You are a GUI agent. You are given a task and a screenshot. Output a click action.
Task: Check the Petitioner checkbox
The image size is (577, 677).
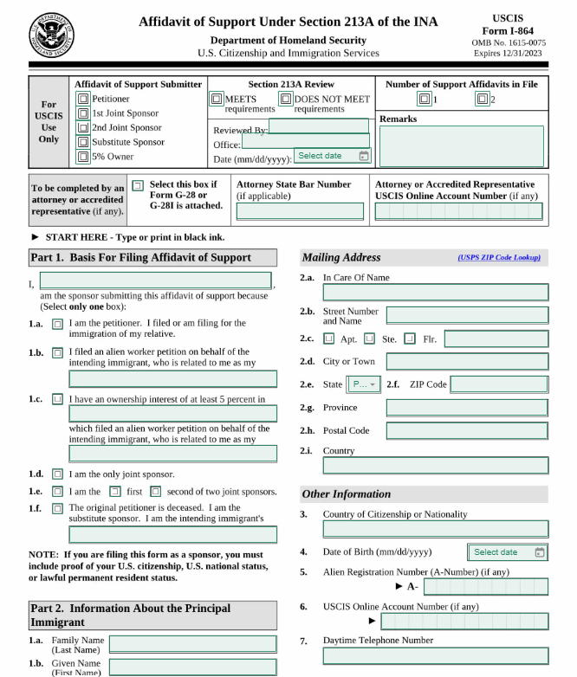[x=83, y=100]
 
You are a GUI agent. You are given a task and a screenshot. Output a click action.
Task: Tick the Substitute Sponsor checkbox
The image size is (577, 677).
[x=83, y=142]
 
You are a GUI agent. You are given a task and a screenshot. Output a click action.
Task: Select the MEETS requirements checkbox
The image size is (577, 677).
[x=217, y=99]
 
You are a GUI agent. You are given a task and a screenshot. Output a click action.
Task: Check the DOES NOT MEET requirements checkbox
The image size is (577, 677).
[x=285, y=99]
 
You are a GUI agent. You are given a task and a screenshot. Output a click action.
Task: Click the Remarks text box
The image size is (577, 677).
[x=461, y=145]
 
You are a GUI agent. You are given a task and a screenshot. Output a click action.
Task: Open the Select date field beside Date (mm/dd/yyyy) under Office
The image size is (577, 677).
[x=333, y=156]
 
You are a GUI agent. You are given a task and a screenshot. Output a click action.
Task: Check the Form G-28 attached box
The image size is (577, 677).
[x=138, y=185]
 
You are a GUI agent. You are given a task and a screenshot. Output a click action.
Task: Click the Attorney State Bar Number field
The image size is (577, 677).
[x=300, y=211]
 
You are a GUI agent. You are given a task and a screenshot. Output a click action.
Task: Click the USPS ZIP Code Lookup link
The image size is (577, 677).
[x=499, y=258]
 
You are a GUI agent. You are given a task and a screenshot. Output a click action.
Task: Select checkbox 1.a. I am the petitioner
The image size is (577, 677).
[x=57, y=324]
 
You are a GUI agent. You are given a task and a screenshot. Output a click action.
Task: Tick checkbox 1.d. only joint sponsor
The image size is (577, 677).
[x=57, y=474]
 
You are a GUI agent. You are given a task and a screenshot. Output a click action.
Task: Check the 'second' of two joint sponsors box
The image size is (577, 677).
[x=156, y=492]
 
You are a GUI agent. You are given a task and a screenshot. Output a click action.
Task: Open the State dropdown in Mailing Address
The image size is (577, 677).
[x=363, y=384]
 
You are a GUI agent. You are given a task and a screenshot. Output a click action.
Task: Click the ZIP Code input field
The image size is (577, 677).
[x=499, y=384]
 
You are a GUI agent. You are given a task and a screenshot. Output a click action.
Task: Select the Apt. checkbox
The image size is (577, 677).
[x=329, y=338]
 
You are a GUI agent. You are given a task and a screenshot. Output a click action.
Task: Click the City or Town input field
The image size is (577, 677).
[x=467, y=361]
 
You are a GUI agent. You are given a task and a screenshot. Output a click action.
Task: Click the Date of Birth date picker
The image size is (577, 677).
[x=508, y=552]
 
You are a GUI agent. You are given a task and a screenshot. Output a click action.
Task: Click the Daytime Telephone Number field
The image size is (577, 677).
[x=435, y=655]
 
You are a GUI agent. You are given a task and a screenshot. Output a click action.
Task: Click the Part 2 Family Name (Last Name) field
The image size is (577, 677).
[x=192, y=644]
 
